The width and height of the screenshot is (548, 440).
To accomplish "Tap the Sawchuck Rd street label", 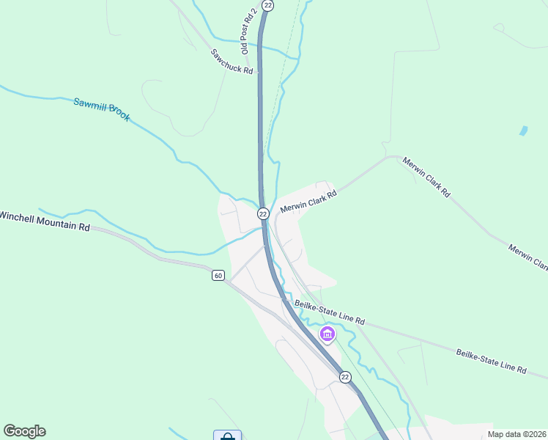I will (x=232, y=62).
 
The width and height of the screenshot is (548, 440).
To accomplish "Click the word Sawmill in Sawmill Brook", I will (x=89, y=106).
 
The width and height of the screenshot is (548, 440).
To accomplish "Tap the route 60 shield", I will (x=218, y=276).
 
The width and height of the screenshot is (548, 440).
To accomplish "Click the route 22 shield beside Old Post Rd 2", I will (x=268, y=5).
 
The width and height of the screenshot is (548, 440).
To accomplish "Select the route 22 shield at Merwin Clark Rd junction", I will (x=263, y=213).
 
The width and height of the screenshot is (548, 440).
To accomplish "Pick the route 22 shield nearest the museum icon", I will (x=345, y=376).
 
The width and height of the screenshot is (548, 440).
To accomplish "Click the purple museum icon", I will (x=327, y=335).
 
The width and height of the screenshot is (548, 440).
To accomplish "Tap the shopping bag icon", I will (x=227, y=436).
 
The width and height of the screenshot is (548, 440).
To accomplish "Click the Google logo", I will (x=24, y=431).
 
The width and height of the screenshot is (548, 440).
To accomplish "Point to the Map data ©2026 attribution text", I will (x=516, y=434).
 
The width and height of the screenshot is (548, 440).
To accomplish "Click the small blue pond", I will (x=523, y=131).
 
